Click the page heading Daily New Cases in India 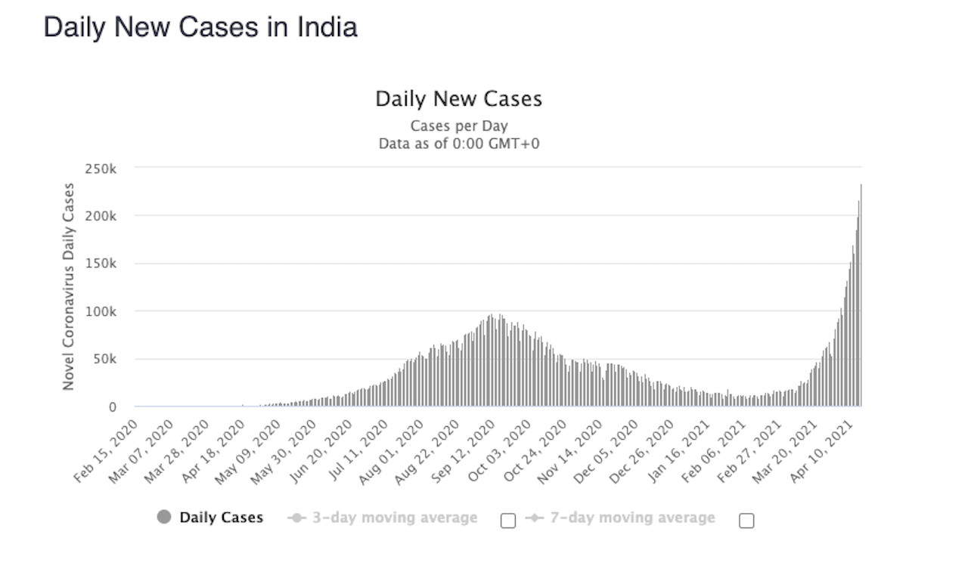tap(200, 28)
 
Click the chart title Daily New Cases tap(458, 99)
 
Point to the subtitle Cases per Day tap(458, 126)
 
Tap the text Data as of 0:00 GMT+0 tap(458, 143)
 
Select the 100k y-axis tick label tap(104, 311)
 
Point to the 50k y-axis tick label tap(107, 359)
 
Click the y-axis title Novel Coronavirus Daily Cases tap(69, 286)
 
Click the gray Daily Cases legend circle tap(163, 518)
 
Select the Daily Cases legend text tap(221, 518)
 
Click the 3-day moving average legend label tap(394, 518)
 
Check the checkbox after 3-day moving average tap(508, 520)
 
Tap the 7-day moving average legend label tap(631, 518)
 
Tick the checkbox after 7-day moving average tap(746, 520)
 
